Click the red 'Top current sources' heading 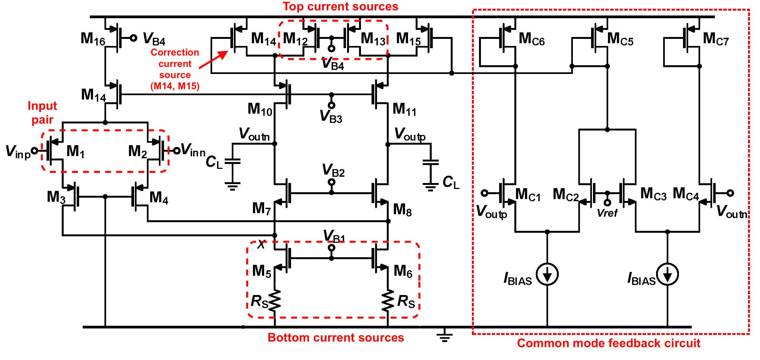(x=340, y=7)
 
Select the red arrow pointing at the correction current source (x=213, y=60)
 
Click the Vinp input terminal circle (x=35, y=151)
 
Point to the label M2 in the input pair (x=137, y=151)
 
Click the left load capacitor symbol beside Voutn (x=233, y=161)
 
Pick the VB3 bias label (x=331, y=116)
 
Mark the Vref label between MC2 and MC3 (x=607, y=213)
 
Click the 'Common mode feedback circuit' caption (x=608, y=343)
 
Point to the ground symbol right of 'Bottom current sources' (x=445, y=336)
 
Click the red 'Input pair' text (x=42, y=113)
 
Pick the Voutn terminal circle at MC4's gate (x=730, y=193)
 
